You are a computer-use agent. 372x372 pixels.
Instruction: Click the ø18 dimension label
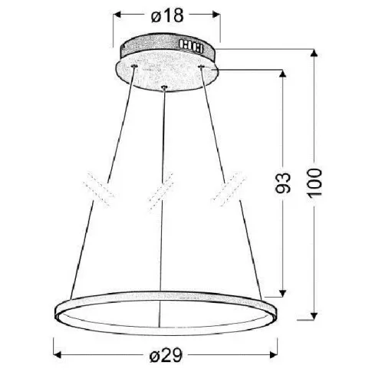click(x=167, y=15)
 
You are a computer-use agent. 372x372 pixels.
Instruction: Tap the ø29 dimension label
click(x=166, y=355)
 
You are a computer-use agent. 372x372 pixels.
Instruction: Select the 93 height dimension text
click(x=283, y=183)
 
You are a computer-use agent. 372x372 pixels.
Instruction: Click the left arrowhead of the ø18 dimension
click(x=117, y=15)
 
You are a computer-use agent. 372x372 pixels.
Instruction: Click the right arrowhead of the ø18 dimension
click(x=216, y=15)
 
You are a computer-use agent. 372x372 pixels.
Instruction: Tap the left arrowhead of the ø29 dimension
click(x=58, y=354)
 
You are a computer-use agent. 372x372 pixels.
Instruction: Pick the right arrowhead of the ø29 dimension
click(x=274, y=354)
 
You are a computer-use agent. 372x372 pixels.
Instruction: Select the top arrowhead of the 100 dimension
click(x=314, y=53)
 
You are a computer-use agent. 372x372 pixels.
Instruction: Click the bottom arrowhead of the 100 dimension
click(x=314, y=316)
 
